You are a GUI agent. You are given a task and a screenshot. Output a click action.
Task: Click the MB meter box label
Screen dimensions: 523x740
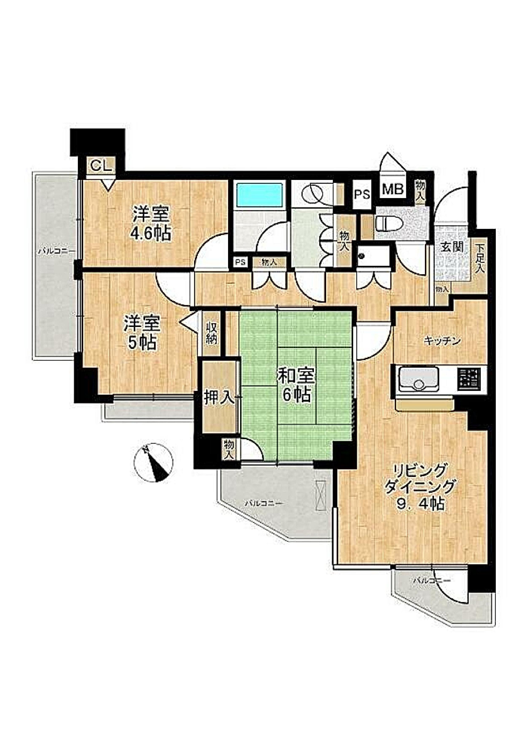pyautogui.click(x=393, y=189)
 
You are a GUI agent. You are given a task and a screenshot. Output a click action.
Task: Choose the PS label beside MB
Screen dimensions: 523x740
pyautogui.click(x=362, y=196)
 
